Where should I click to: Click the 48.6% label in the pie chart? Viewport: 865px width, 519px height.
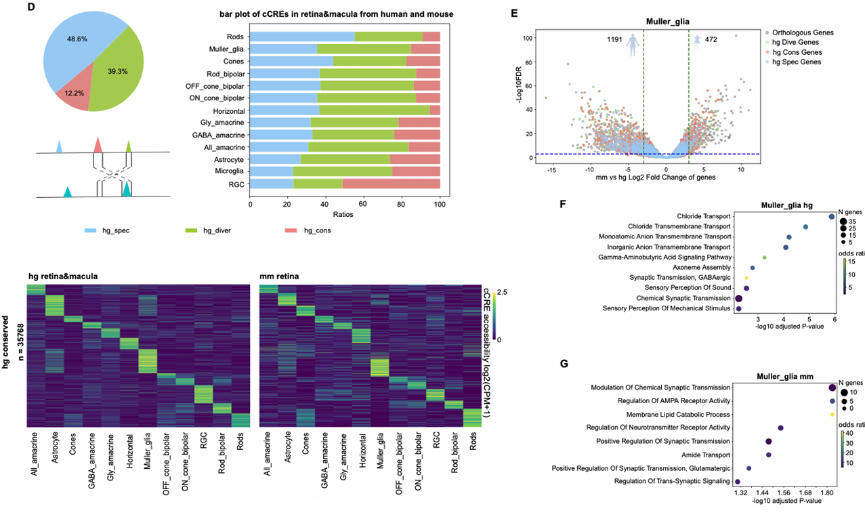pos(76,40)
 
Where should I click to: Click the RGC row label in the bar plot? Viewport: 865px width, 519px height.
pos(236,184)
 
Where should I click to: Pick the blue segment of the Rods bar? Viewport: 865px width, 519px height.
pos(302,36)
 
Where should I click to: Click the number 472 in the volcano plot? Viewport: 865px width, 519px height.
pos(711,40)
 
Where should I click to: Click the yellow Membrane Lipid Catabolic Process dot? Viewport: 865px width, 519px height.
pos(832,414)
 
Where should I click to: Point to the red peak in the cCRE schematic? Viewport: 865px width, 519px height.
pos(98,144)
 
